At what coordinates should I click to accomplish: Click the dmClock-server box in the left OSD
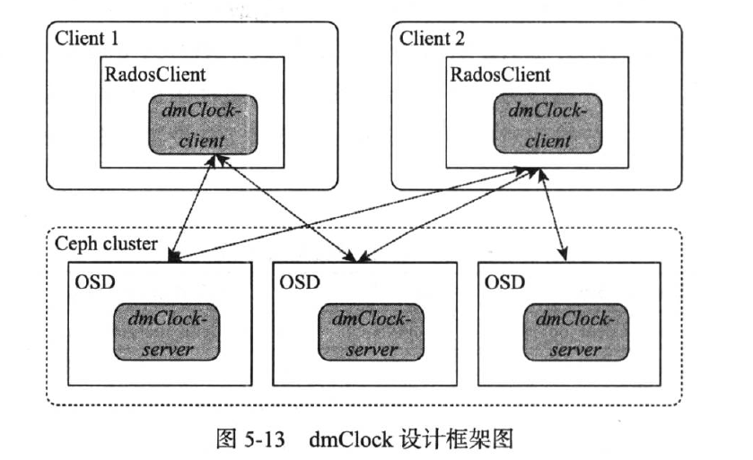pyautogui.click(x=167, y=331)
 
